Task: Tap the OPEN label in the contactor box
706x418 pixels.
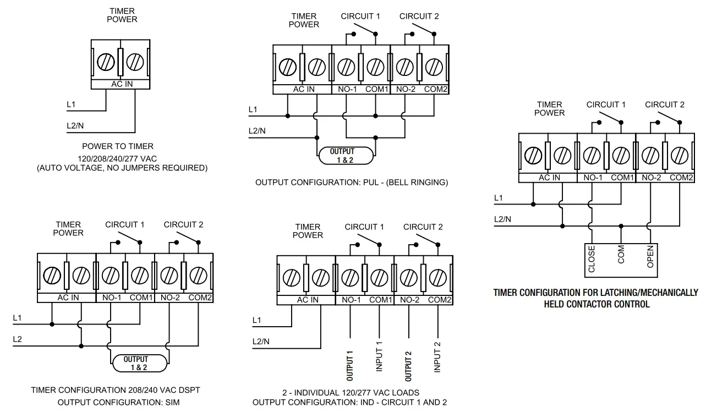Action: tap(650, 257)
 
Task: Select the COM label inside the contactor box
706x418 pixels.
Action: tap(621, 255)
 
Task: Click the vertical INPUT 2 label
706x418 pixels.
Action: tap(437, 357)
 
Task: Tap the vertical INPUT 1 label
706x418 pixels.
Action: tap(379, 357)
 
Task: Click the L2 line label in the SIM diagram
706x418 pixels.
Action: tap(18, 339)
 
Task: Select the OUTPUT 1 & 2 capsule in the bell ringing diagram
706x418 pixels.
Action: tap(346, 156)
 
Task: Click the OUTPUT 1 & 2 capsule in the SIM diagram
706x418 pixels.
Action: tap(139, 363)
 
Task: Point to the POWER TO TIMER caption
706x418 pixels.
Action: tap(118, 146)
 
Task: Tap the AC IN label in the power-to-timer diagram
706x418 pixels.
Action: tap(122, 84)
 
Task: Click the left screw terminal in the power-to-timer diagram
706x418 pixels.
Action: tap(106, 62)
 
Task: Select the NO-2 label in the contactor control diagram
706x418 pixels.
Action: tap(651, 178)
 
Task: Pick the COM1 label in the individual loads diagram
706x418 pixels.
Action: tap(380, 300)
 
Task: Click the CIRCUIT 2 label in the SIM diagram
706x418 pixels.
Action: tap(183, 224)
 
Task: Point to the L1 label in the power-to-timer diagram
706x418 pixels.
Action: tap(71, 104)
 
